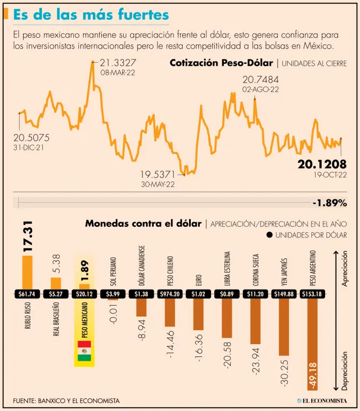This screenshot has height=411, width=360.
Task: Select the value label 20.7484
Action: coord(260,80)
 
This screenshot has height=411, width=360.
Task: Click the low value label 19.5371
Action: coord(158,174)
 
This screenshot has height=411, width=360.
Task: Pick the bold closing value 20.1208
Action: coord(322,164)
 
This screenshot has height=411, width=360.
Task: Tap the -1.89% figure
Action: coord(329,203)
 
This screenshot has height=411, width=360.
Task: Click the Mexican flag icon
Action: coord(84,351)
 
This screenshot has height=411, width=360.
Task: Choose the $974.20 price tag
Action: coord(170,294)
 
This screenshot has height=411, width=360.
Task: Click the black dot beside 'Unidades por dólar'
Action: coord(269,235)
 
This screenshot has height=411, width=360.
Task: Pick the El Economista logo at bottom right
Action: coord(322,400)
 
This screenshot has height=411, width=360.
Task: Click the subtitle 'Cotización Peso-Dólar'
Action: coord(221,63)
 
